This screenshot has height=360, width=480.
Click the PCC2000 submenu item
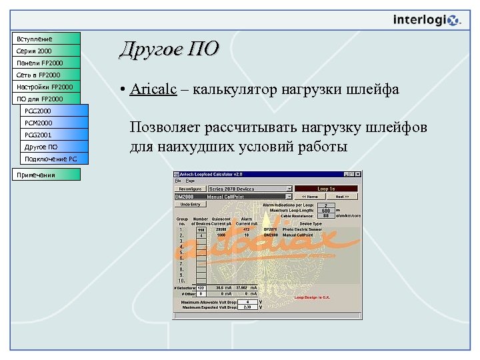[x=53, y=111]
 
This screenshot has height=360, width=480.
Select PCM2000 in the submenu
[x=53, y=123]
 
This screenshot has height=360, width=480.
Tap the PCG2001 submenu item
[x=53, y=135]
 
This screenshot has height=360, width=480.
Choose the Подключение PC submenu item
[x=53, y=159]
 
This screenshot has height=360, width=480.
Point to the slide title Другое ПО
[x=168, y=49]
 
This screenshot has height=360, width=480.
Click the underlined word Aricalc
[x=153, y=89]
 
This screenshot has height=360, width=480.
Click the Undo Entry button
[x=190, y=205]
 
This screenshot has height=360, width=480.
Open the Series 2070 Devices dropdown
[x=289, y=189]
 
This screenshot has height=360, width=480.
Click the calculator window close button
[x=359, y=174]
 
